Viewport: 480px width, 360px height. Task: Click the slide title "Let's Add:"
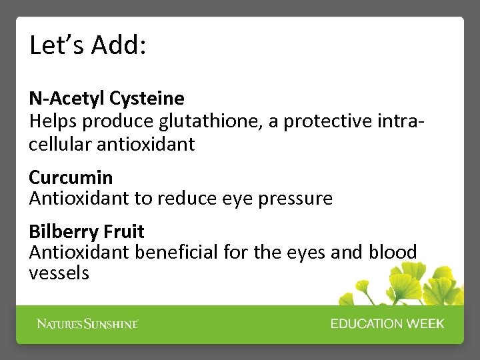[88, 45]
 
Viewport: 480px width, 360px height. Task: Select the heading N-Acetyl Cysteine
[107, 99]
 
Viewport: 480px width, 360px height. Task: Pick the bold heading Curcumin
[71, 177]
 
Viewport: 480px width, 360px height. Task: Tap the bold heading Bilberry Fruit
[87, 231]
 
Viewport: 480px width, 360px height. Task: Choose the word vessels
[59, 273]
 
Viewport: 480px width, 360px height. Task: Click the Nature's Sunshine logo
[87, 324]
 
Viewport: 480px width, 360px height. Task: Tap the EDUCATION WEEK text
[387, 324]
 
